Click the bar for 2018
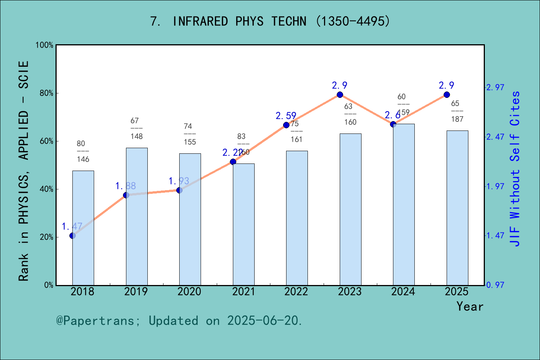pyautogui.click(x=83, y=228)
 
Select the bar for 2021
pyautogui.click(x=243, y=224)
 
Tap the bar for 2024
pyautogui.click(x=404, y=204)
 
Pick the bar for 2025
pyautogui.click(x=457, y=208)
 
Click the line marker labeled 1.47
pyautogui.click(x=72, y=235)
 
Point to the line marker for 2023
pyautogui.click(x=340, y=94)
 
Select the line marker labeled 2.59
pyautogui.click(x=286, y=125)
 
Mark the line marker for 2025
pyautogui.click(x=447, y=94)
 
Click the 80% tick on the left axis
pyautogui.click(x=46, y=93)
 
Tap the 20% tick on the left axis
pyautogui.click(x=46, y=237)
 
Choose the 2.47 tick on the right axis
pyautogui.click(x=495, y=137)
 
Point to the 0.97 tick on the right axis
pyautogui.click(x=495, y=285)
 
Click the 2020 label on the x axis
pyautogui.click(x=189, y=292)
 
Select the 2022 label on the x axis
pyautogui.click(x=296, y=292)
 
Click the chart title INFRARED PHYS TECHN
pyautogui.click(x=270, y=21)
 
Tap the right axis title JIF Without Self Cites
pyautogui.click(x=515, y=169)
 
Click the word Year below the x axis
pyautogui.click(x=470, y=306)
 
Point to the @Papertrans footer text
pyautogui.click(x=179, y=321)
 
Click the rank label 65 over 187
pyautogui.click(x=457, y=111)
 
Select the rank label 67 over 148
pyautogui.click(x=136, y=128)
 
